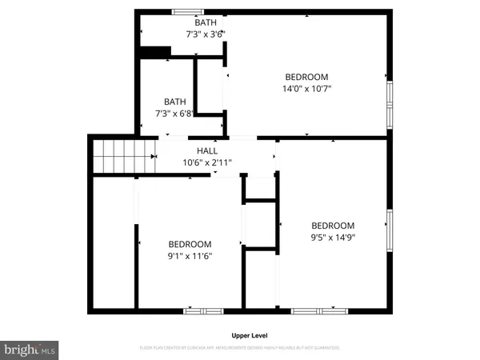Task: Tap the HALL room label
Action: [x=207, y=150]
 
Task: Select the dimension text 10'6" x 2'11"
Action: [x=207, y=162]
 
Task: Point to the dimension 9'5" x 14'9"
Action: [x=333, y=237]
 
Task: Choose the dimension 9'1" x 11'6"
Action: [x=189, y=256]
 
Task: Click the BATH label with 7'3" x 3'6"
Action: [x=206, y=34]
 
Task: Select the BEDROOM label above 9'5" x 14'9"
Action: [x=333, y=226]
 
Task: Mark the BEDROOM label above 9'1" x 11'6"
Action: [x=190, y=244]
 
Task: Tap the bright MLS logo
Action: [x=30, y=350]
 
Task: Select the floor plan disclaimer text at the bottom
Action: [x=240, y=348]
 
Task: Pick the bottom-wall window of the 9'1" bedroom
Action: [x=202, y=310]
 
